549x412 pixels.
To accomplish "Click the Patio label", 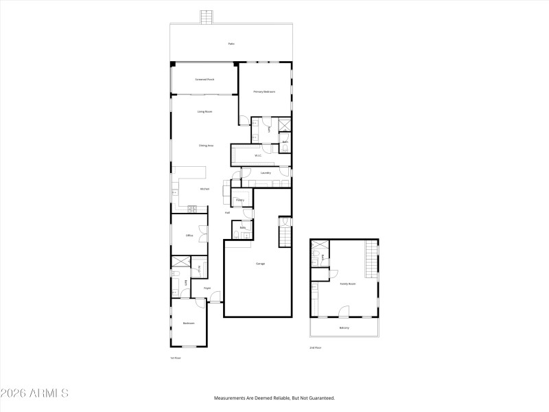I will click(231, 44).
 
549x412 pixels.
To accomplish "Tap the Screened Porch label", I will click(205, 79).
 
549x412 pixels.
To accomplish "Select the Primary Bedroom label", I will click(264, 91).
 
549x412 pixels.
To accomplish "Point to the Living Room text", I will click(205, 111).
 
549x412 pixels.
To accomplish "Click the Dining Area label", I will click(206, 146).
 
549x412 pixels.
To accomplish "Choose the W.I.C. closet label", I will click(258, 156).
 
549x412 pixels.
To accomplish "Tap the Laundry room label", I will click(266, 173).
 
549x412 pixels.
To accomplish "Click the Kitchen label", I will click(205, 189).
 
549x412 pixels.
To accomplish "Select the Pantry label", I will click(240, 201).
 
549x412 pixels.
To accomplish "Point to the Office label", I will click(189, 236).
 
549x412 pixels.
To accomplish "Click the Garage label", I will click(261, 264).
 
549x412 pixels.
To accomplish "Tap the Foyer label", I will click(207, 288).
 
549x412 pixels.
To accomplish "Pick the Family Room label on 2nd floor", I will click(348, 284).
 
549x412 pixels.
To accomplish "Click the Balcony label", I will click(344, 328).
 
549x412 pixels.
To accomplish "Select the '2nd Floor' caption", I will click(315, 348).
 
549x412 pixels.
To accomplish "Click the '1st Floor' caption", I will click(175, 358).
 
